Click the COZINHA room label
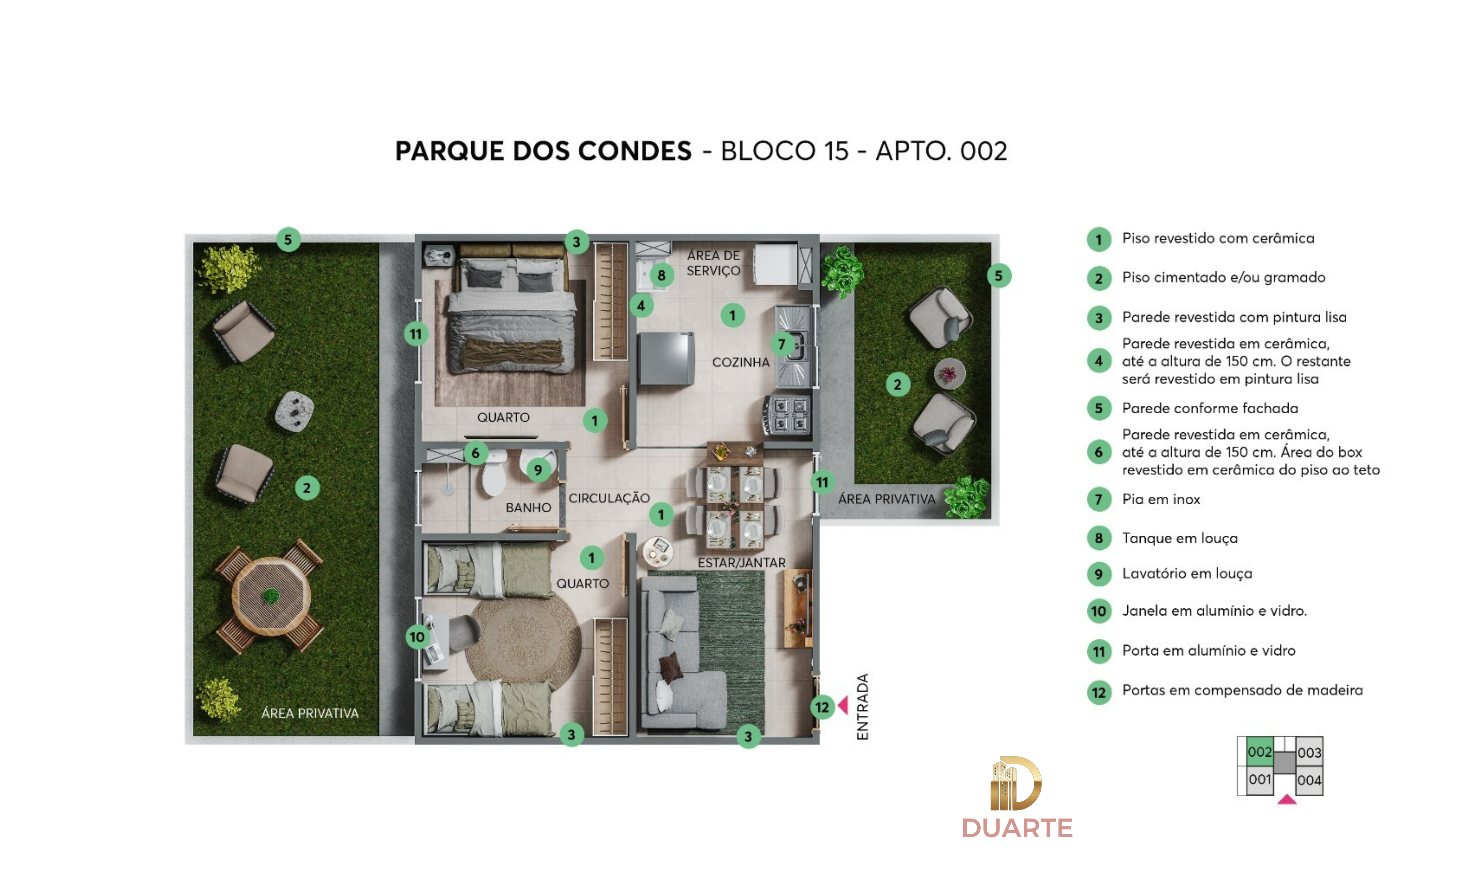tap(741, 362)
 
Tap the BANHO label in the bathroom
tap(528, 507)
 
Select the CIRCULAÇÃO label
tap(609, 498)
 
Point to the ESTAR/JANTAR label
tap(742, 563)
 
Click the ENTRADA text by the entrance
tap(863, 707)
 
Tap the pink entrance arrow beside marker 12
tap(843, 705)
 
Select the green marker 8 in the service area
tap(661, 275)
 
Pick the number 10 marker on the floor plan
tap(417, 637)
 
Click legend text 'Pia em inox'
tap(1161, 499)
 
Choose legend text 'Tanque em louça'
tap(1179, 538)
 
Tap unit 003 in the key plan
tap(1309, 752)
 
